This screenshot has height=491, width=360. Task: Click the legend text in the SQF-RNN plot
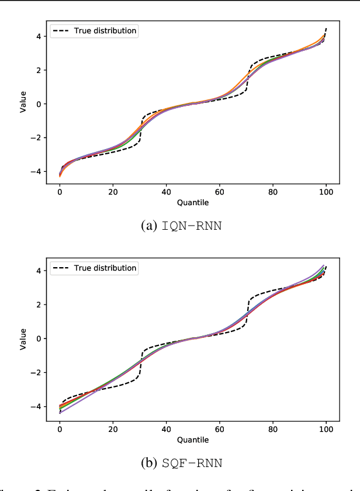point(106,268)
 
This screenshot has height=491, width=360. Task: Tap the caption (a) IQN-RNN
point(182,226)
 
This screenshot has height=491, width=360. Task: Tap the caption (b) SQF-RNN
point(182,463)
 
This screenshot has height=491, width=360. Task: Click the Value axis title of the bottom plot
point(24,338)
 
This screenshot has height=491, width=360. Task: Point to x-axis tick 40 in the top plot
point(166,192)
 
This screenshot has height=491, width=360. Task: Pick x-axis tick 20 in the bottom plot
point(113,428)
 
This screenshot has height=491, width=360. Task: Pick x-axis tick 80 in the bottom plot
point(273,428)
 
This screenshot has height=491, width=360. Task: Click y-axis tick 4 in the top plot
point(38,36)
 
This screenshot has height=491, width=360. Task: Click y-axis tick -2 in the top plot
point(36,138)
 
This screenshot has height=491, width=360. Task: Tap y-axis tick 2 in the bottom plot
point(38,305)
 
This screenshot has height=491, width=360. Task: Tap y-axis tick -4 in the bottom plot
point(36,406)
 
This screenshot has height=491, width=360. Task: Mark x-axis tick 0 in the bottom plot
point(60,428)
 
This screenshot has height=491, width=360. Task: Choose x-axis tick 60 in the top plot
point(220,192)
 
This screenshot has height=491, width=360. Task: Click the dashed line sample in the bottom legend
point(62,268)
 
